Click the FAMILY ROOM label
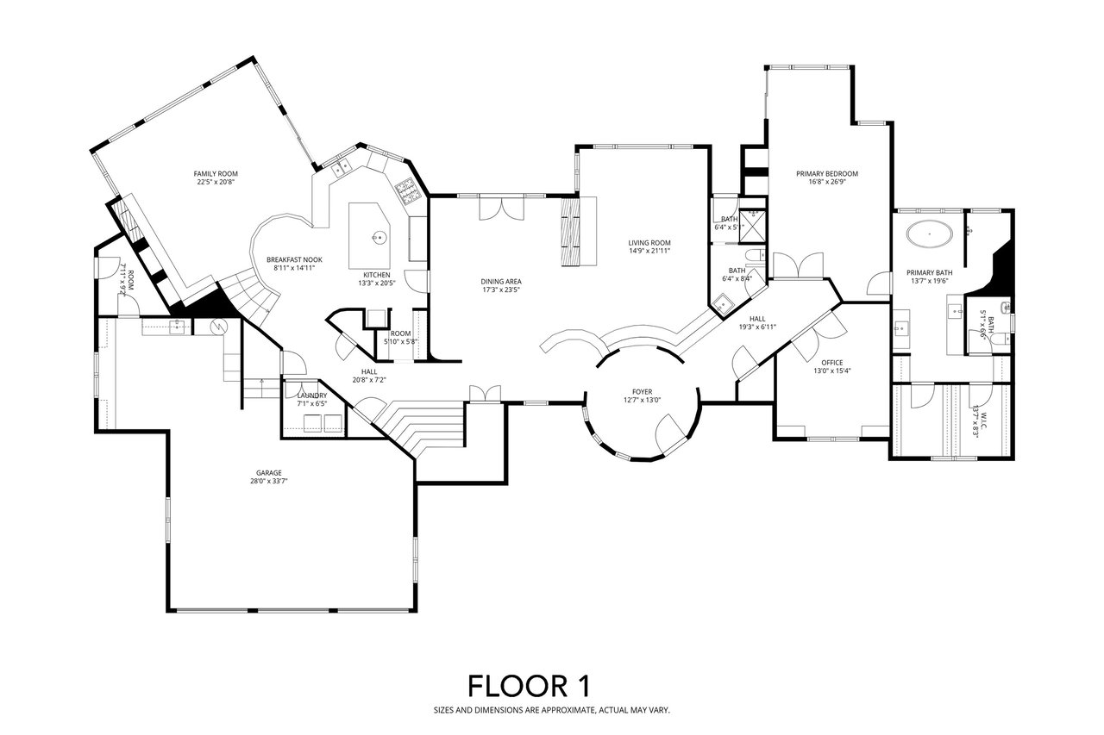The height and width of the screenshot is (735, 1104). pyautogui.click(x=215, y=173)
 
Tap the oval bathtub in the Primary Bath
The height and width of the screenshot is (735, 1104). pyautogui.click(x=930, y=232)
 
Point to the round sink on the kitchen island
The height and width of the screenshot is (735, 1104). pyautogui.click(x=376, y=236)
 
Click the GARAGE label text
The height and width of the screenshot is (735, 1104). pyautogui.click(x=268, y=472)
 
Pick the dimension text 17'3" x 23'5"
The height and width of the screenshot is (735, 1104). pyautogui.click(x=501, y=290)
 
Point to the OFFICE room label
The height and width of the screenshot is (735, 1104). pyautogui.click(x=832, y=362)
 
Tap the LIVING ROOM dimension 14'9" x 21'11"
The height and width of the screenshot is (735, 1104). pyautogui.click(x=649, y=251)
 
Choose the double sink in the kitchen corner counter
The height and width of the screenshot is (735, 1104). pyautogui.click(x=340, y=165)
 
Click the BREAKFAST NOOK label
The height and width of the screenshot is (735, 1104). pyautogui.click(x=294, y=259)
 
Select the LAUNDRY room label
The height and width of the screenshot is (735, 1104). pyautogui.click(x=311, y=396)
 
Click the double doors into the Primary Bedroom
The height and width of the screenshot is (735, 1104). pyautogui.click(x=799, y=265)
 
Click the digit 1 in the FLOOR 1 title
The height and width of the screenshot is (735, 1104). pyautogui.click(x=583, y=686)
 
